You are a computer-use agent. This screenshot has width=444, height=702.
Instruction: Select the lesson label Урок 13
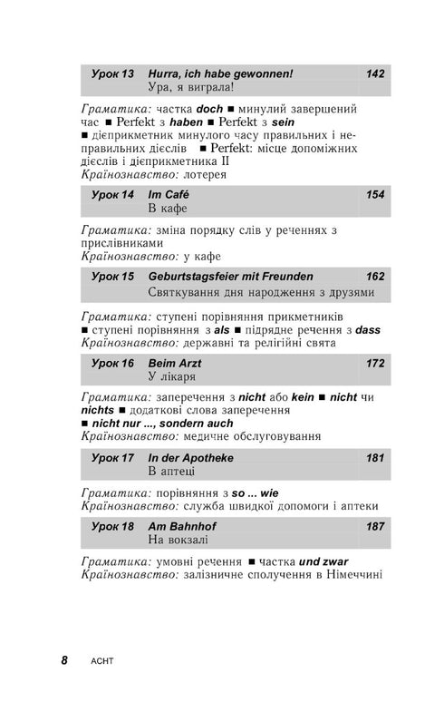point(112,73)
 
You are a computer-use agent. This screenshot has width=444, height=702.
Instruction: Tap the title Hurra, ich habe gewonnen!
point(208,73)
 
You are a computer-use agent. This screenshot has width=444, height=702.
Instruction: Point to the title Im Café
point(169,195)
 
